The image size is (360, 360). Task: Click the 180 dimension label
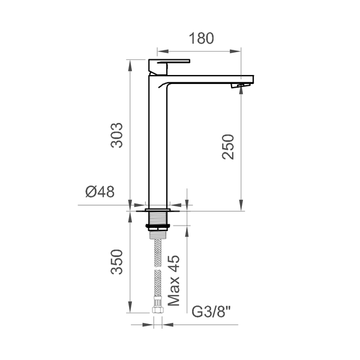pyautogui.click(x=202, y=38)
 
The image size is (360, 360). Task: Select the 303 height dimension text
pyautogui.click(x=116, y=135)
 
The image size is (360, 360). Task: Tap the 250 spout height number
pyautogui.click(x=228, y=147)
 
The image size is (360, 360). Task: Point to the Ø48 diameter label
pyautogui.click(x=100, y=191)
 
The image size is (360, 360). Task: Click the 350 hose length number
pyautogui.click(x=116, y=262)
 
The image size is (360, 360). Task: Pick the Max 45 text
pyautogui.click(x=173, y=280)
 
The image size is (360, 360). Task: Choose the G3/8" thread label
pyautogui.click(x=211, y=311)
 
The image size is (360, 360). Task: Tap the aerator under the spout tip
pyautogui.click(x=240, y=85)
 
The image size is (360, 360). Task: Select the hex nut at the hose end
pyautogui.click(x=158, y=310)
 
